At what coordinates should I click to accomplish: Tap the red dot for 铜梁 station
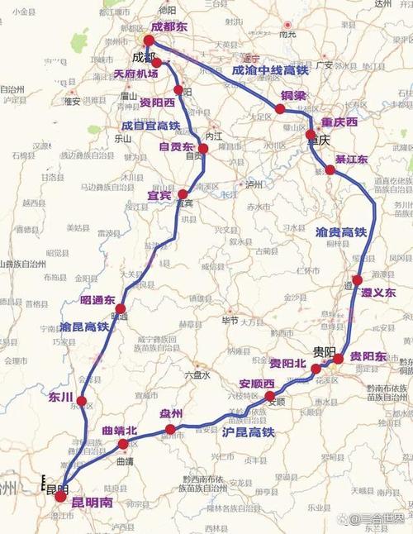(281, 108)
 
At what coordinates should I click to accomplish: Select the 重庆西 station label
(339, 122)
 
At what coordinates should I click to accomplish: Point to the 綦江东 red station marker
(330, 169)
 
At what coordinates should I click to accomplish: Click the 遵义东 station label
(378, 293)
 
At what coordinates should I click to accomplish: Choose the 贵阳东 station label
(368, 356)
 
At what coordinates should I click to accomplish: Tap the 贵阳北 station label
(287, 364)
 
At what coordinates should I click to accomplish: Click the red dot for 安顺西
(270, 397)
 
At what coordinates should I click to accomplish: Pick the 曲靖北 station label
(120, 431)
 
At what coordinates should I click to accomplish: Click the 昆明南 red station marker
(60, 497)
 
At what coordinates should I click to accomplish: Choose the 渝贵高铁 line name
(340, 233)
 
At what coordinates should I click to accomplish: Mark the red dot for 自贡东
(203, 149)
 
